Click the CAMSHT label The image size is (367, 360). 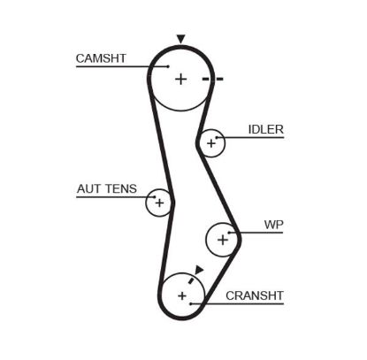[101, 57]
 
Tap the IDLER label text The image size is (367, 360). [265, 129]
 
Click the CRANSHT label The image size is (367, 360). [254, 295]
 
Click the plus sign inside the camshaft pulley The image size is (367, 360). [181, 79]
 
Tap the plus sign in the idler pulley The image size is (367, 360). [210, 141]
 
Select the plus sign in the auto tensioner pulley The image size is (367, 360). [159, 203]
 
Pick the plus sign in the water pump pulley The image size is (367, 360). [222, 239]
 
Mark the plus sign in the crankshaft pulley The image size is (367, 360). [182, 295]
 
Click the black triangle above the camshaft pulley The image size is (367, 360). [180, 39]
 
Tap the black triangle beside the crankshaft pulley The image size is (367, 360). [200, 270]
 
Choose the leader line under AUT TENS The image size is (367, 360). [111, 197]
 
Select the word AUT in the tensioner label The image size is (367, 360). [88, 188]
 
